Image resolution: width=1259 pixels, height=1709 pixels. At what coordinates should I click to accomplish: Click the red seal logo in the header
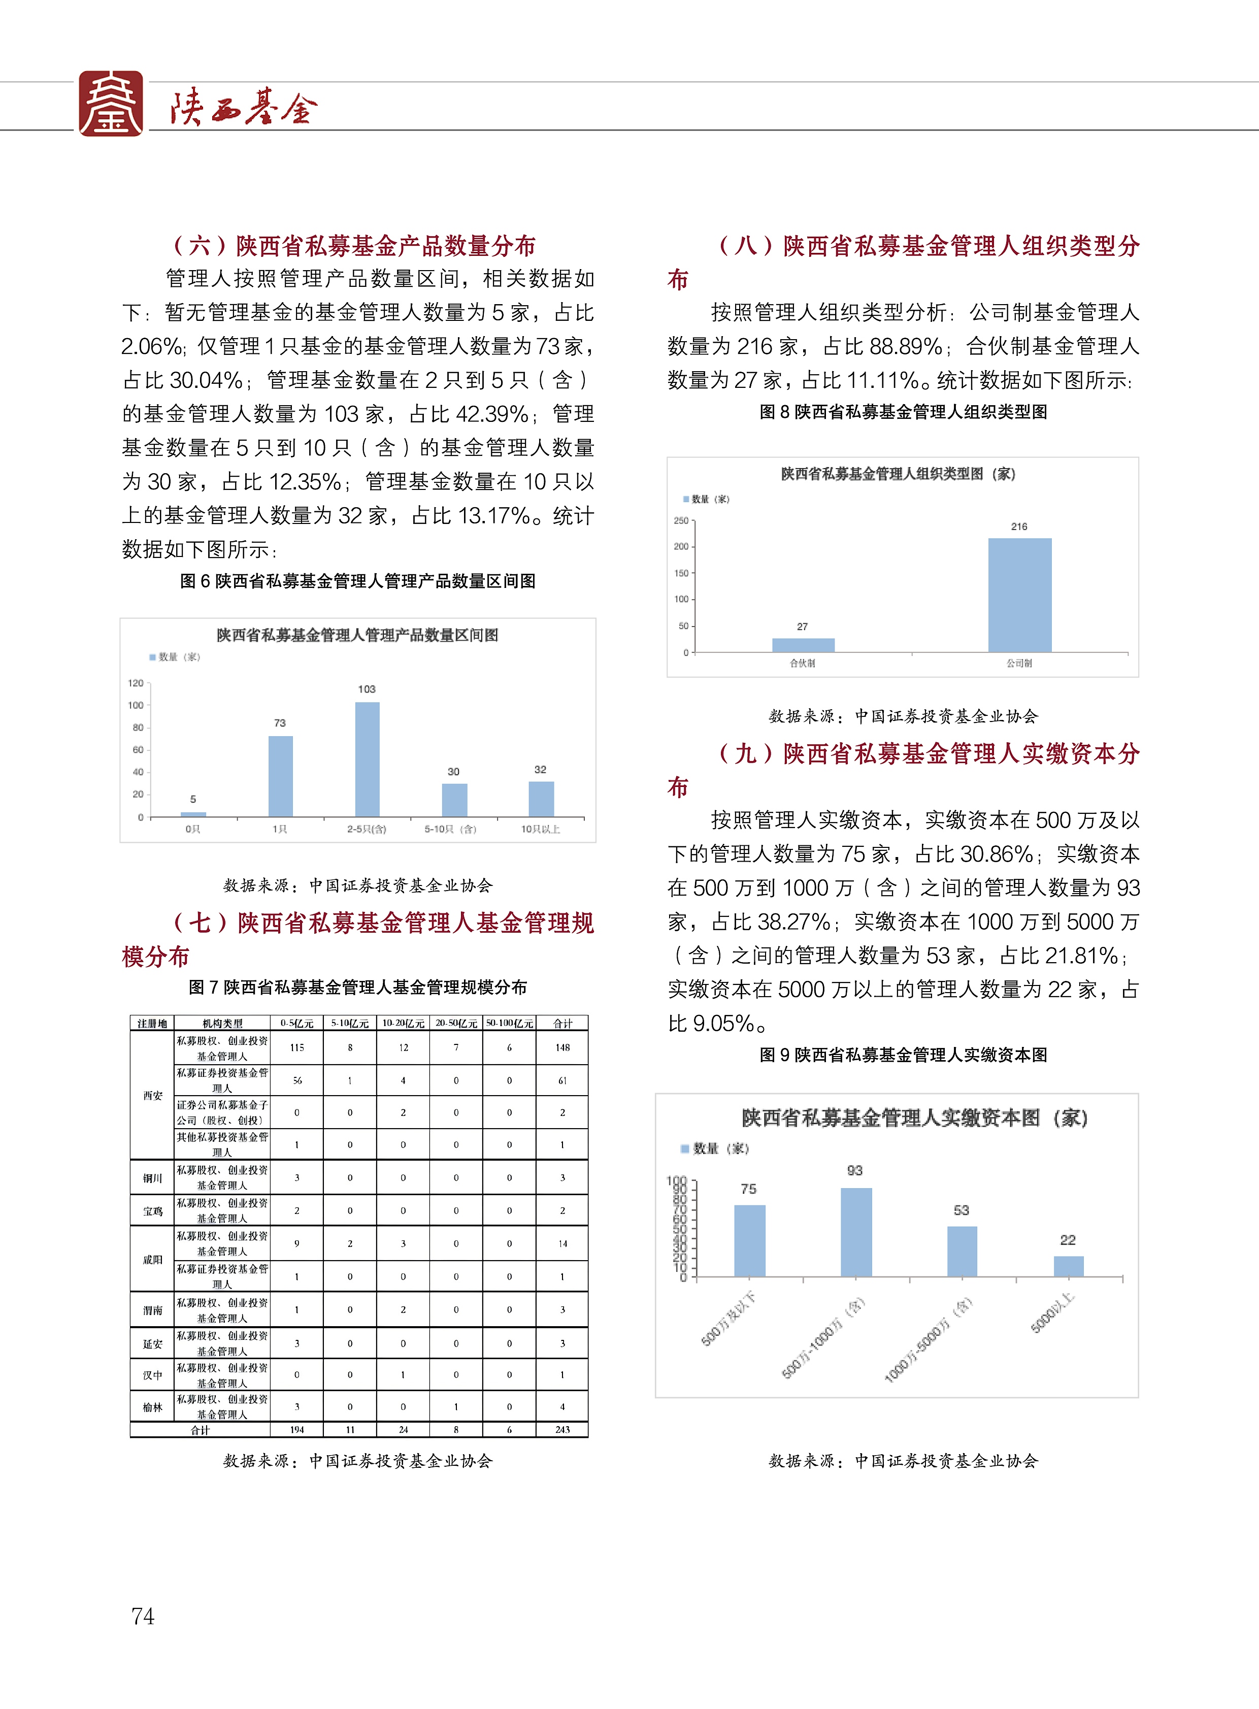pyautogui.click(x=111, y=104)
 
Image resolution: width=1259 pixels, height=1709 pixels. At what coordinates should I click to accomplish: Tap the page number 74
pyautogui.click(x=143, y=1616)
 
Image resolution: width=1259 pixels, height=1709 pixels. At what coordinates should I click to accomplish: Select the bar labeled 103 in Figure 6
pyautogui.click(x=368, y=759)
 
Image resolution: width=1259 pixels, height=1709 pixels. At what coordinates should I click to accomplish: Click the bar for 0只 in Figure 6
pyautogui.click(x=193, y=814)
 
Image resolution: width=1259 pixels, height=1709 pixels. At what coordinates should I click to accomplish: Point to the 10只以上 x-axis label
pyautogui.click(x=540, y=829)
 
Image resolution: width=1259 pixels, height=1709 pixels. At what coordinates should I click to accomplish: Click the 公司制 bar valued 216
pyautogui.click(x=1020, y=595)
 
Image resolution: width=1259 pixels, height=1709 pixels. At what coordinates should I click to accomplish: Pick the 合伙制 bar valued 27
pyautogui.click(x=803, y=645)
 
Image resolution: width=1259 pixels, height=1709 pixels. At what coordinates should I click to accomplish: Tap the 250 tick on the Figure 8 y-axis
pyautogui.click(x=681, y=520)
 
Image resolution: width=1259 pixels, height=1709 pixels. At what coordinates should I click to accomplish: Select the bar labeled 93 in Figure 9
pyautogui.click(x=856, y=1232)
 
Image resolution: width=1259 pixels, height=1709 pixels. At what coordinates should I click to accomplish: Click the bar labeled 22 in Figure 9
pyautogui.click(x=1069, y=1266)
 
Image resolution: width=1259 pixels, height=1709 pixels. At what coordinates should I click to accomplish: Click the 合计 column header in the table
pyautogui.click(x=562, y=1023)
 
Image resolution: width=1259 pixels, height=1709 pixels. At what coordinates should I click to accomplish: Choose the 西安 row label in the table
pyautogui.click(x=152, y=1095)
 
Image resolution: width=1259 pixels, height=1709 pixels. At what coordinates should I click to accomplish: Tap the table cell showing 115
pyautogui.click(x=297, y=1047)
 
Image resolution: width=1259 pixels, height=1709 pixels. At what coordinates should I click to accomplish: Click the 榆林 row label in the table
pyautogui.click(x=152, y=1407)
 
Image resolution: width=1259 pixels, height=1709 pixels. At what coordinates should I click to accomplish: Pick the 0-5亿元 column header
pyautogui.click(x=297, y=1023)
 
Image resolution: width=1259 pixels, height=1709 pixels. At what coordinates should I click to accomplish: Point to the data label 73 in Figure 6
pyautogui.click(x=280, y=722)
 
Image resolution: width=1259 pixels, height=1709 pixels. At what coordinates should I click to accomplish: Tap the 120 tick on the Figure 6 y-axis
pyautogui.click(x=136, y=683)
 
